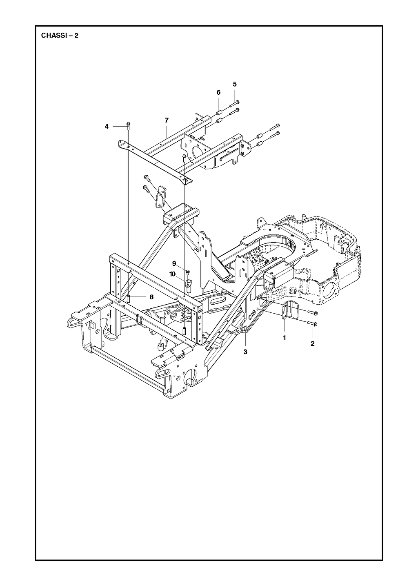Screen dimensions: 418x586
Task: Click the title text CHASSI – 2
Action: coord(60,36)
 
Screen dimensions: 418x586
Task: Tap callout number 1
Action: coord(285,338)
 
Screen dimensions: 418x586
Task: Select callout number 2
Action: coord(312,343)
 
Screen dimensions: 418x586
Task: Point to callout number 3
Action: coord(245,352)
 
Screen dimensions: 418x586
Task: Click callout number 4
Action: coord(106,126)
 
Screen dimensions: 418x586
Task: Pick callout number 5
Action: coord(234,84)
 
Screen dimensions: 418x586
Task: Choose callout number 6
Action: coord(218,92)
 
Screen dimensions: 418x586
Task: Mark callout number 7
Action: coord(167,120)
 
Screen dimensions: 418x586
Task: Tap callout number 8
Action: coord(151,297)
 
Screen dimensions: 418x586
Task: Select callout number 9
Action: coord(174,263)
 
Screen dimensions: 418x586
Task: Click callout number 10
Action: coord(172,274)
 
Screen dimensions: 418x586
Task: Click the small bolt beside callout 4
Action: coord(128,126)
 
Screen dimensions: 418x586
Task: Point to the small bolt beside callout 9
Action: coord(188,272)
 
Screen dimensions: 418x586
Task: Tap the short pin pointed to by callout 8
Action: coord(129,298)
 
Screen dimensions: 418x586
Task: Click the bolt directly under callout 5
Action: coord(234,104)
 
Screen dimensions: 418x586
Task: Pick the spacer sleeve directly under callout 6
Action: coord(219,113)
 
